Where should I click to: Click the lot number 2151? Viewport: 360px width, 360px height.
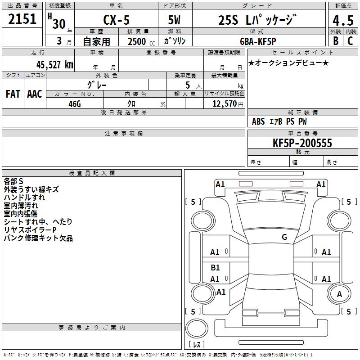tap(22, 19)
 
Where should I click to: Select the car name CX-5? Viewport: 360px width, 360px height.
tap(117, 20)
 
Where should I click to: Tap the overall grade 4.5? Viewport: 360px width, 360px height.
tap(343, 20)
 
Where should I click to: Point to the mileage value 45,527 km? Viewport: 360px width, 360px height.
tap(54, 65)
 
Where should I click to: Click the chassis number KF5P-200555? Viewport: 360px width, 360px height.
tap(302, 143)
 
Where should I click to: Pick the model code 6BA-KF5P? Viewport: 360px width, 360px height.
tap(258, 41)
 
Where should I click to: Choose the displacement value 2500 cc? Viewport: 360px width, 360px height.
tap(141, 41)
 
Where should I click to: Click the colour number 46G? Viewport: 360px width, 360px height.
tap(75, 104)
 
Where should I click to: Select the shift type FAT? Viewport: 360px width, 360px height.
tap(13, 94)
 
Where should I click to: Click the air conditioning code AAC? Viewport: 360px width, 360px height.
tap(35, 94)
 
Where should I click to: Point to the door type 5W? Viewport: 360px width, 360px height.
tap(174, 20)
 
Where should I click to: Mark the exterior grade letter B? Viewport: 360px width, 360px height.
tap(336, 41)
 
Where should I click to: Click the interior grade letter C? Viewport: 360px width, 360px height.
tap(350, 41)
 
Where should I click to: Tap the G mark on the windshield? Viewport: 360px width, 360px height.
tap(284, 237)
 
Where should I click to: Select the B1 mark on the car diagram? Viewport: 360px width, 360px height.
tap(215, 267)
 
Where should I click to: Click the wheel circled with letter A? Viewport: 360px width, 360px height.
tap(339, 294)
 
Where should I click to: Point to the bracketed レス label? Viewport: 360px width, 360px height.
tap(197, 344)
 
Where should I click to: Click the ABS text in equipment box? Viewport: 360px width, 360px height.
tap(258, 121)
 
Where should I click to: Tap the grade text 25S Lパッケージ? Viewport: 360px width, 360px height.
tap(257, 20)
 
